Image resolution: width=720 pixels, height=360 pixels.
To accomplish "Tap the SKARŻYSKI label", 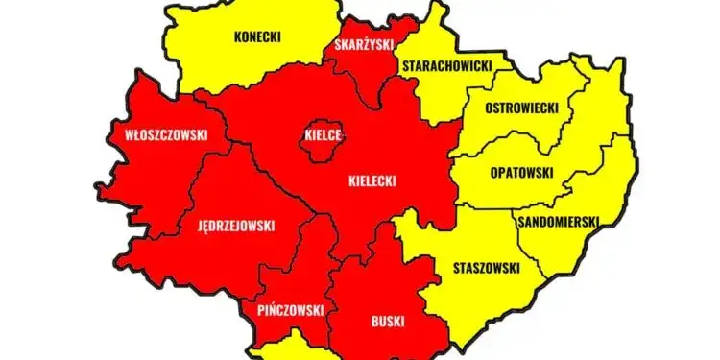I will point(363,44).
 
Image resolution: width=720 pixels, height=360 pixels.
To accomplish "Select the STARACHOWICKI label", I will point(447,65).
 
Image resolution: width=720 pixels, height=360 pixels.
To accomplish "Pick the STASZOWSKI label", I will point(486,268).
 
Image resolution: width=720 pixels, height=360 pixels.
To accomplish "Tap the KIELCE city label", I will point(322,135).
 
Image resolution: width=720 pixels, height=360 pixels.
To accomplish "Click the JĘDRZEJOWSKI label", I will point(236,227).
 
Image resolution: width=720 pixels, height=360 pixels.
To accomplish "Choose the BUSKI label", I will point(387,322).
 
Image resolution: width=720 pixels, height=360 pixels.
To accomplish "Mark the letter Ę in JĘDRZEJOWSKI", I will point(206,227).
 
